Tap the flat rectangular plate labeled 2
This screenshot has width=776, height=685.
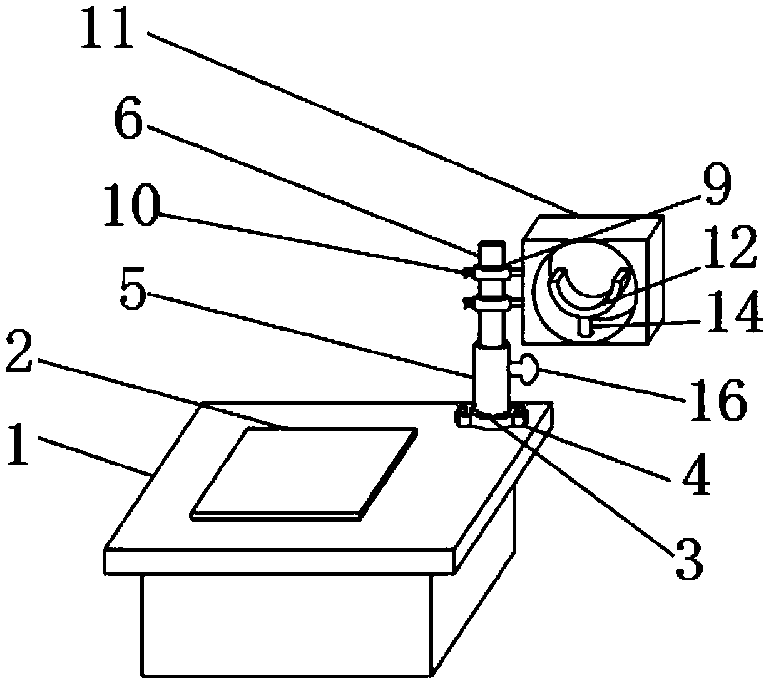tap(304, 471)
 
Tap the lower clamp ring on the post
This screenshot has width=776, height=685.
tap(492, 304)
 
